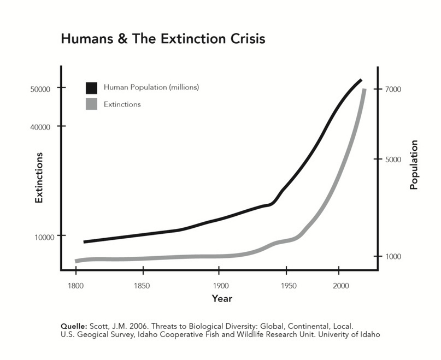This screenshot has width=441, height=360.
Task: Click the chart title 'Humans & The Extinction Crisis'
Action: tap(163, 40)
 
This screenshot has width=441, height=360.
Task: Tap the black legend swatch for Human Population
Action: tap(91, 87)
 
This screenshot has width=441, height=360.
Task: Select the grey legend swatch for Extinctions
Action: tap(91, 104)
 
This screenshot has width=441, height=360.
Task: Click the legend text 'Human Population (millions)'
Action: tap(151, 87)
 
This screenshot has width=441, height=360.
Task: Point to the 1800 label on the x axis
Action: tap(76, 285)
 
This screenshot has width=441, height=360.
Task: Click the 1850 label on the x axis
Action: tap(142, 285)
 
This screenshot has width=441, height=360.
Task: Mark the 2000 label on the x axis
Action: tap(340, 285)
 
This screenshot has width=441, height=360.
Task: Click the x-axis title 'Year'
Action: tap(222, 299)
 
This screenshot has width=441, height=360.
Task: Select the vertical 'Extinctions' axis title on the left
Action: tap(39, 178)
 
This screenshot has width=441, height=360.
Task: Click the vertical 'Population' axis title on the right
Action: tap(414, 165)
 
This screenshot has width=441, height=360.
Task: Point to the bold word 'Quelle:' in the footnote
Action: tap(75, 326)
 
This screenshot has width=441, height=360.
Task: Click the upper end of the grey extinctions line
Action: tap(364, 90)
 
